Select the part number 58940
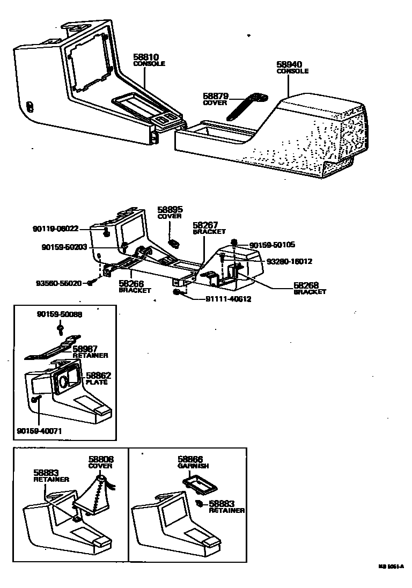point(289,63)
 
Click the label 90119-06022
point(55,229)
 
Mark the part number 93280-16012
point(289,261)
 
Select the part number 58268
point(306,285)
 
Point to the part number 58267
point(204,225)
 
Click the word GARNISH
point(193,466)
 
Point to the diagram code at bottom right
point(390,566)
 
